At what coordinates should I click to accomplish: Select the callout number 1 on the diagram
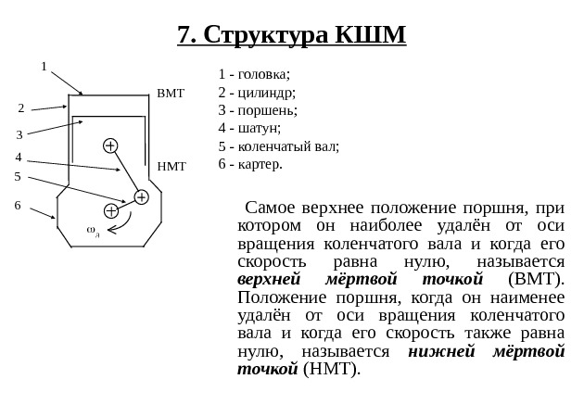44,67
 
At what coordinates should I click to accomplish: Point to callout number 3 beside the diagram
19,135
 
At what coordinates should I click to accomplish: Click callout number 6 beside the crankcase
18,205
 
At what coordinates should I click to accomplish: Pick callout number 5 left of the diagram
18,176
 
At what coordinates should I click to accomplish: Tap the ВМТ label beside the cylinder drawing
171,95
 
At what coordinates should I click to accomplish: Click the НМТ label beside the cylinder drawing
171,167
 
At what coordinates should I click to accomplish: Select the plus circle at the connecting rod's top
110,145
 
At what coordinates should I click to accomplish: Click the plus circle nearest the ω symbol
111,210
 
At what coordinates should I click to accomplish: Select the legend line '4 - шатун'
249,129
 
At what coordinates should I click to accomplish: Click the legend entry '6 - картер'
250,164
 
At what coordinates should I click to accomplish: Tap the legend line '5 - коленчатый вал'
278,146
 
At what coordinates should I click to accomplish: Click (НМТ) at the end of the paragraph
332,369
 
